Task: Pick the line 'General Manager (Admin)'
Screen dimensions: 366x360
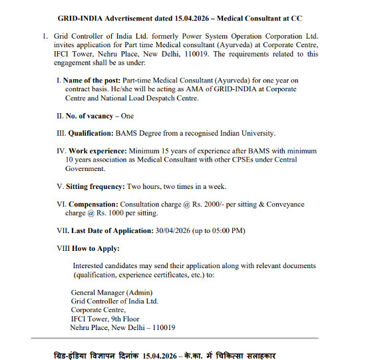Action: click(112, 292)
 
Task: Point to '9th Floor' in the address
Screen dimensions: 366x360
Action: click(127, 319)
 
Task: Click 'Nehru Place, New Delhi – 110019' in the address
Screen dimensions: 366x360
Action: click(123, 327)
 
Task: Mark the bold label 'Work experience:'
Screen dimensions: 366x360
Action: click(100, 151)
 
